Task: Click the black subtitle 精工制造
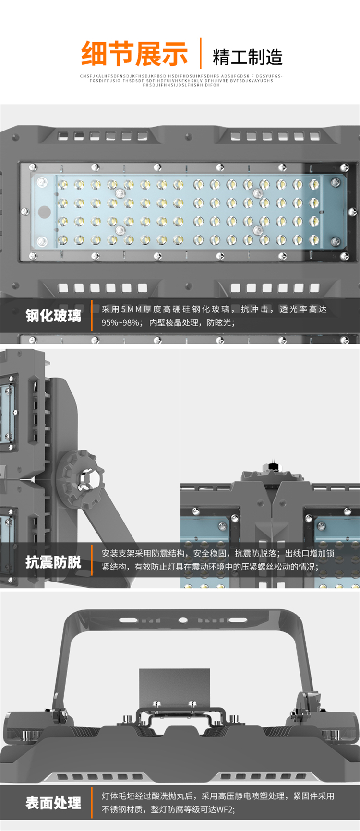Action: coord(247,57)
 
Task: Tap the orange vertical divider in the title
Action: coord(200,53)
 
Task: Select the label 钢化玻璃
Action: coord(53,316)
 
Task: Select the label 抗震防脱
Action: coord(53,562)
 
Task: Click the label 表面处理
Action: coord(53,803)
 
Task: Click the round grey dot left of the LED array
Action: coord(44,211)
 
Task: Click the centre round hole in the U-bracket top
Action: coord(183,619)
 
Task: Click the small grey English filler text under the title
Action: coord(181,81)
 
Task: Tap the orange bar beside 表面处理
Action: coord(91,802)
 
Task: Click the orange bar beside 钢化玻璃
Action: coord(91,316)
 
